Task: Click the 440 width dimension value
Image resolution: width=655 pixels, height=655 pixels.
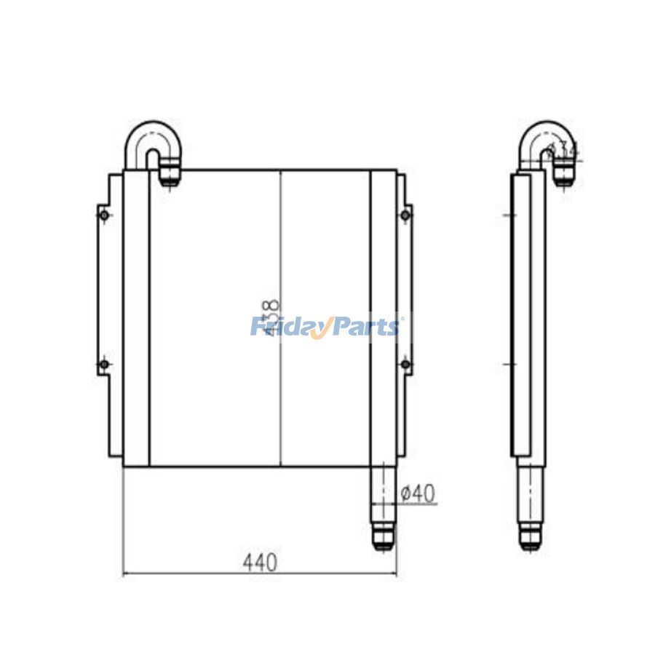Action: [261, 562]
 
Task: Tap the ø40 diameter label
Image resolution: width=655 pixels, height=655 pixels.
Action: [418, 493]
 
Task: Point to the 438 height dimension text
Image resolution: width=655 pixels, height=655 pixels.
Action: [271, 317]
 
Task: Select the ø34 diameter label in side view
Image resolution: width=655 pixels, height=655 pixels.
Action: [563, 151]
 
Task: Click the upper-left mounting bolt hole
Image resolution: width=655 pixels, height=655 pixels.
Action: [104, 215]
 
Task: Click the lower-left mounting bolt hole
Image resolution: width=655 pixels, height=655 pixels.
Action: [104, 364]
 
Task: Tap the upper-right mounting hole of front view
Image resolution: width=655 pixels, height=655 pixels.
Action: [405, 215]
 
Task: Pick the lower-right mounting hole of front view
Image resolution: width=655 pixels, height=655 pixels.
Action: [405, 364]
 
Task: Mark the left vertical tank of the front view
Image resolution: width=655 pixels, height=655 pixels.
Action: [136, 317]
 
